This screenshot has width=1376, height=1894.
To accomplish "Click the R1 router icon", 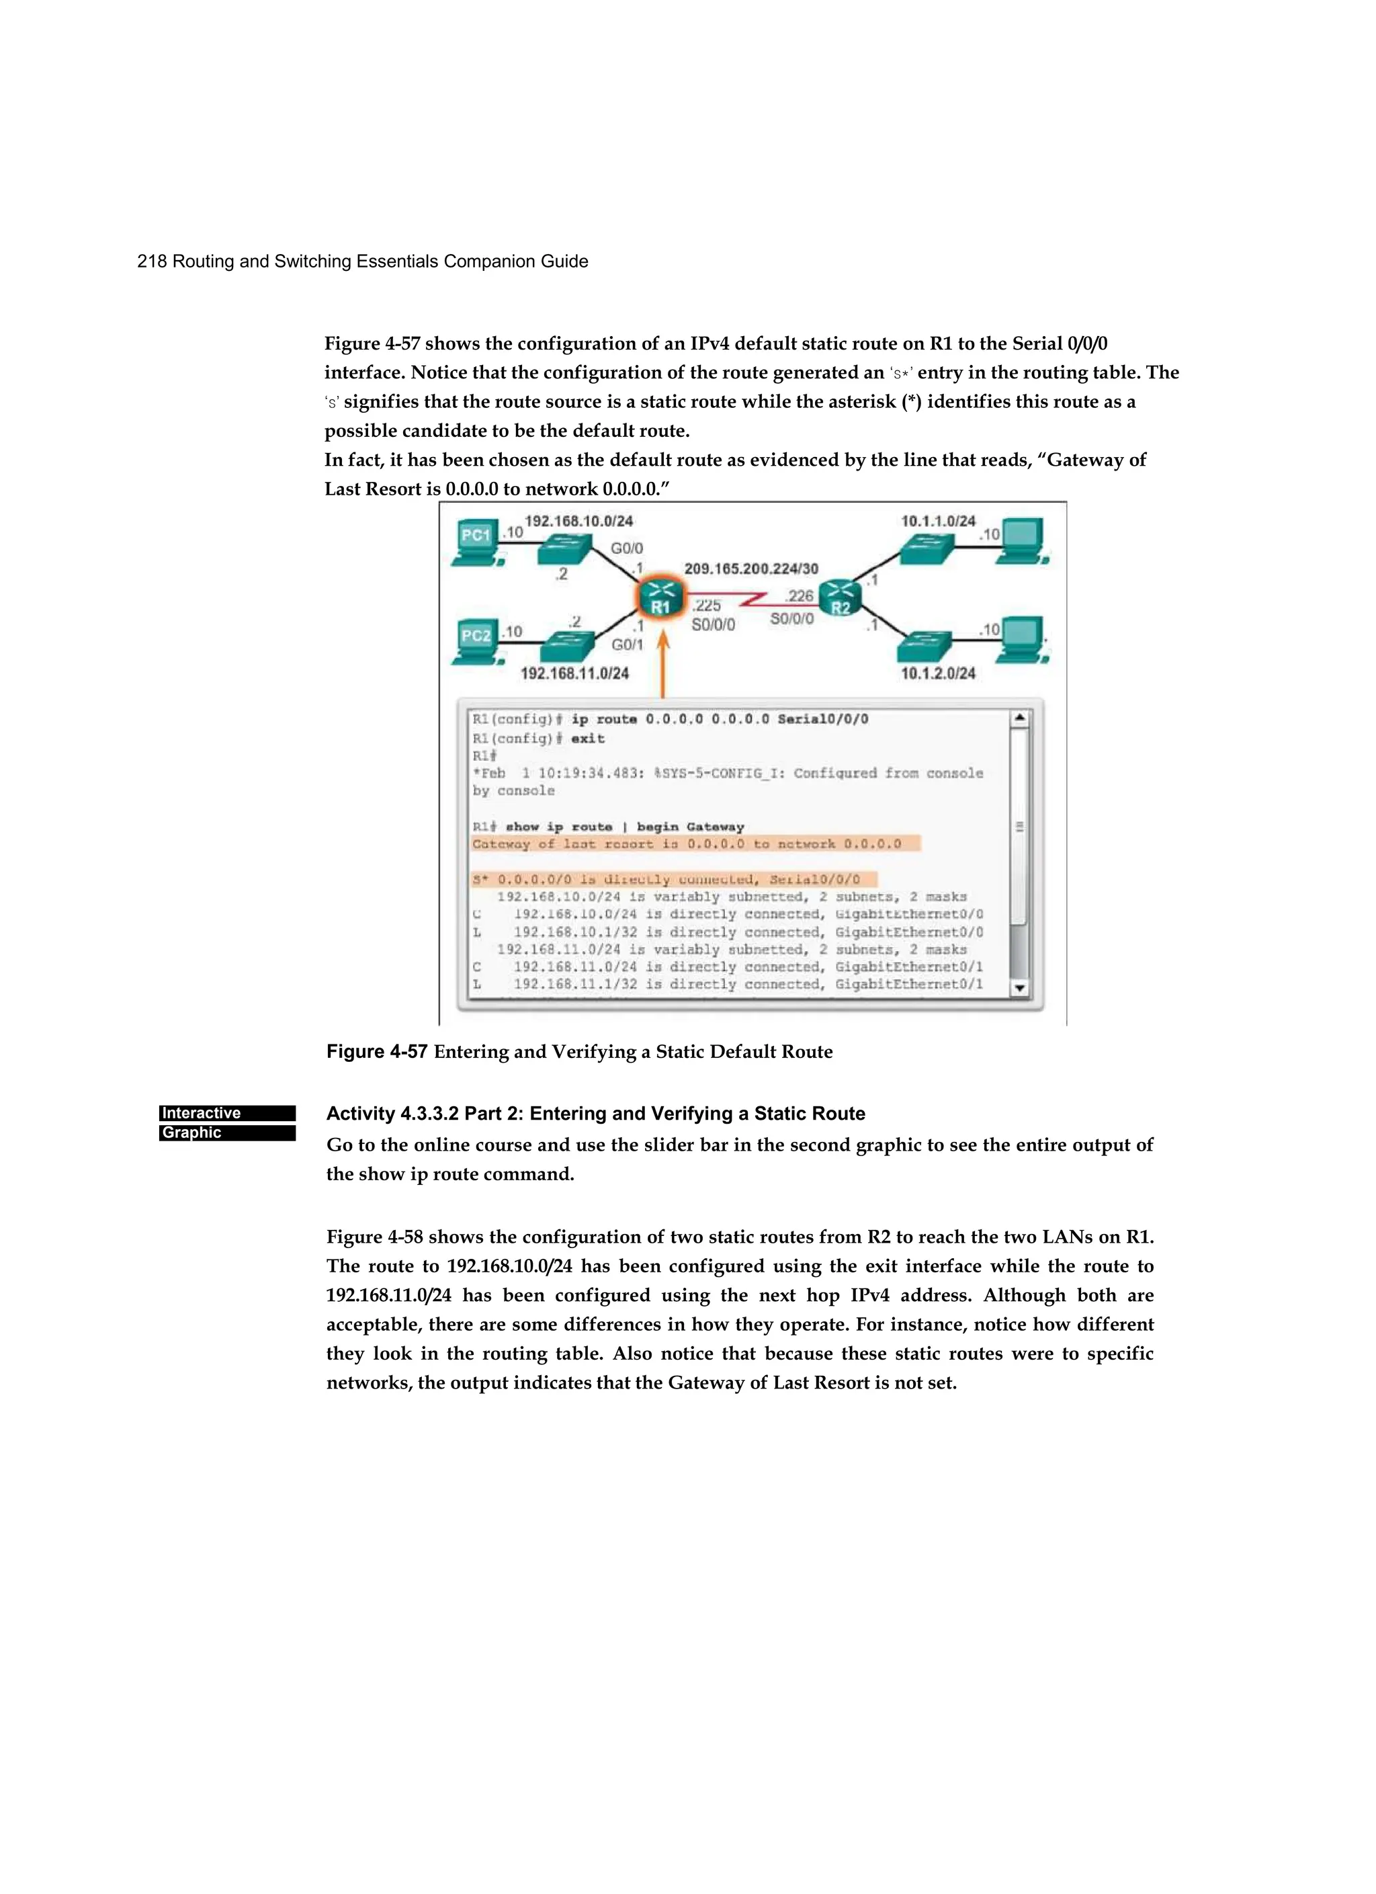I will point(660,599).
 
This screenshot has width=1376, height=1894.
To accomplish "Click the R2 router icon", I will point(840,598).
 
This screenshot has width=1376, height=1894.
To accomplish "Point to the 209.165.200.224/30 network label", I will point(750,569).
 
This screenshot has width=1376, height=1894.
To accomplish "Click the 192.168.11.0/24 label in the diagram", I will point(574,673).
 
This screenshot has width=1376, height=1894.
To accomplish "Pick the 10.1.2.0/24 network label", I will point(938,673).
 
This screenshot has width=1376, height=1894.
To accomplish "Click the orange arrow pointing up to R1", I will point(663,664).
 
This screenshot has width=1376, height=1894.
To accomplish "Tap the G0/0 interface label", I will point(626,548).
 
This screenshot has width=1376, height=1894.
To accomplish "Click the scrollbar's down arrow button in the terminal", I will point(1019,988).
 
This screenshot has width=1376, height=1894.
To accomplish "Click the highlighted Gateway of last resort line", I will point(695,843).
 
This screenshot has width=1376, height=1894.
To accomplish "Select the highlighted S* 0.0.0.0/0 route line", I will point(673,879).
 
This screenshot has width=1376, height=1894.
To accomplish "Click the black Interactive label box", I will point(227,1112).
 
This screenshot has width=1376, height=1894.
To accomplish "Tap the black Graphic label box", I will point(227,1133).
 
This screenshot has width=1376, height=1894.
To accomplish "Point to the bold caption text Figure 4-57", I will point(376,1051).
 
